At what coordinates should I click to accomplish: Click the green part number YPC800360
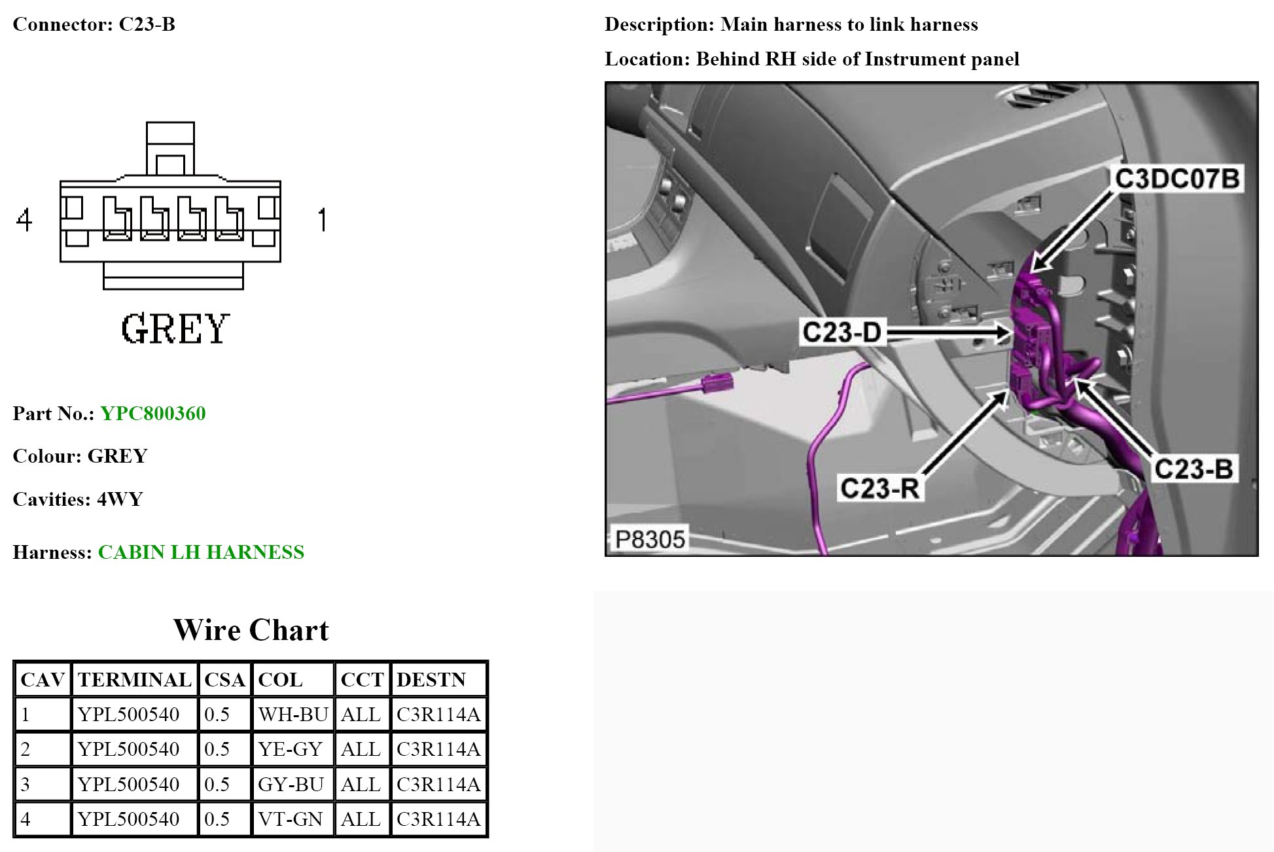[152, 414]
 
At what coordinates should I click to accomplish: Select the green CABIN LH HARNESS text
[201, 552]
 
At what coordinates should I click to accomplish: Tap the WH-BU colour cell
[292, 714]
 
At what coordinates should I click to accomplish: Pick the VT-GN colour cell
[290, 819]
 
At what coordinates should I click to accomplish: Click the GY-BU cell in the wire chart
[291, 784]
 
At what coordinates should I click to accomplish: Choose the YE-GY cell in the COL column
[290, 749]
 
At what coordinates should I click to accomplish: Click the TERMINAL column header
[134, 680]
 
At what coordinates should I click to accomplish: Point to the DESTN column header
[431, 680]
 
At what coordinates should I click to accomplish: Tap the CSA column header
[224, 680]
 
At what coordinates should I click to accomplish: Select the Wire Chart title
[251, 630]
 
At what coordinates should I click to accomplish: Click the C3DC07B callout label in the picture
[1177, 179]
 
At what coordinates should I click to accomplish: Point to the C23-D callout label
[841, 332]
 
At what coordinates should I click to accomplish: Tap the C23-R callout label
[879, 488]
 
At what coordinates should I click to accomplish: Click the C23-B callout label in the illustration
[1193, 469]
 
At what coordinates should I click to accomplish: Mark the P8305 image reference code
[649, 539]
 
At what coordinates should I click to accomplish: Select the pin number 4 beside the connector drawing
[24, 220]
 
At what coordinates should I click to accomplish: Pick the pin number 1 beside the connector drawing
[321, 220]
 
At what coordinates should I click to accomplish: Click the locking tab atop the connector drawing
[170, 149]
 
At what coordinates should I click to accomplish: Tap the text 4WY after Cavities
[120, 499]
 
